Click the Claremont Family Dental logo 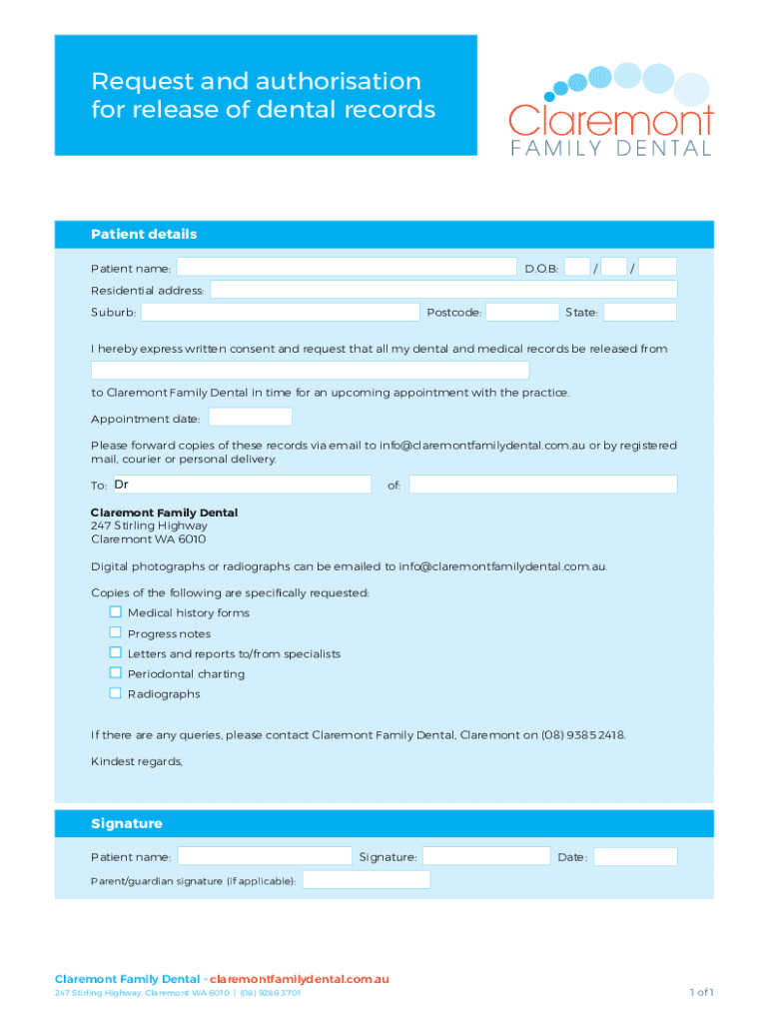[610, 115]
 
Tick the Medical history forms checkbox [116, 612]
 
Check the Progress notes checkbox [116, 632]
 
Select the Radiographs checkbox [116, 693]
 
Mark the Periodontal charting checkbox [116, 673]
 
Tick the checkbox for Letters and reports [116, 653]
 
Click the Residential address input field [442, 290]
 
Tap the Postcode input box [522, 313]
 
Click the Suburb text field [280, 313]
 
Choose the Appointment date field [250, 418]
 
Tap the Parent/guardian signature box [366, 880]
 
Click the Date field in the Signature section [635, 857]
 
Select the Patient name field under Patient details [347, 267]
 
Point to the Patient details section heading [144, 235]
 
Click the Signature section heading [126, 824]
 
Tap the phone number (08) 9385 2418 [584, 735]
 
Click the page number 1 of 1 [700, 992]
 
